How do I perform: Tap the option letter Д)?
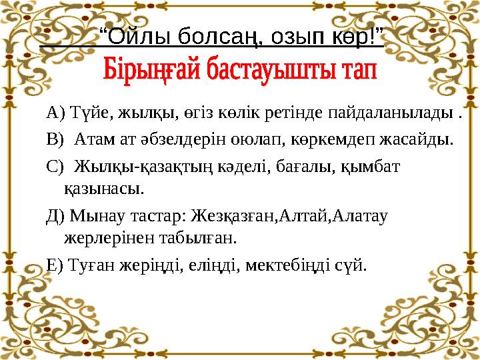56,216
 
